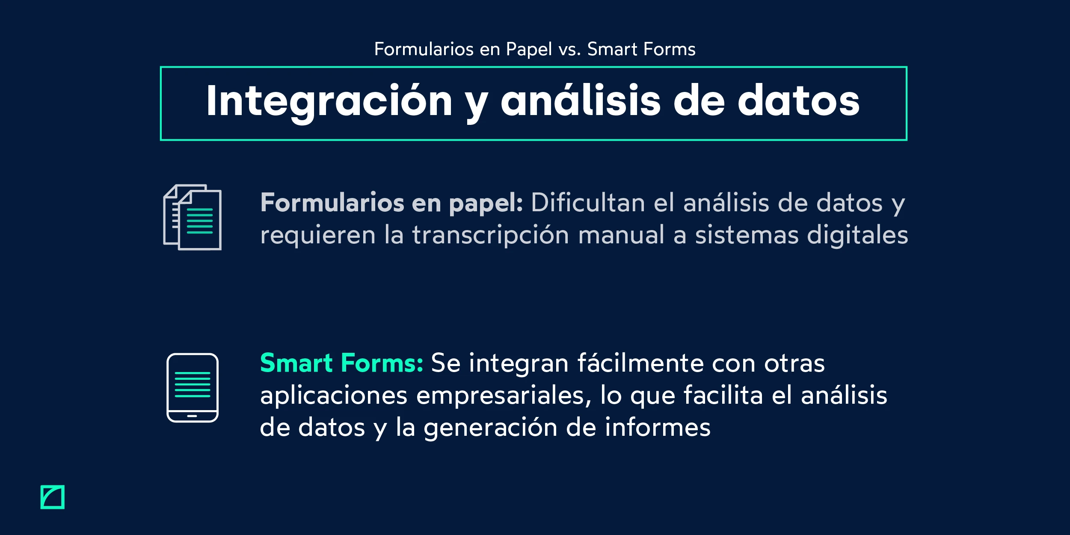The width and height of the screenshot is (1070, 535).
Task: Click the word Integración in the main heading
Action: [329, 101]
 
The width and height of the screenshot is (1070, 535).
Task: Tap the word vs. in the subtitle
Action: [569, 50]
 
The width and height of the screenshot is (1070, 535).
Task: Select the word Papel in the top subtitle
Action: [529, 50]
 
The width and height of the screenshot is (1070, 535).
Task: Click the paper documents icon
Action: [193, 217]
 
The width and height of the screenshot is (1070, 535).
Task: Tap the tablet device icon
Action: [193, 387]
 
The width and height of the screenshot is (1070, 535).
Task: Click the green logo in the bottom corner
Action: [53, 497]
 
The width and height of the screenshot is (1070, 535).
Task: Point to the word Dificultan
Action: [588, 203]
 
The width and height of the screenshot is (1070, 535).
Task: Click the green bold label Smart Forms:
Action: [341, 364]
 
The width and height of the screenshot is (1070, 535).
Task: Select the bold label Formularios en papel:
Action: [391, 203]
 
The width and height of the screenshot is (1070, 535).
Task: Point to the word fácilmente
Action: [640, 364]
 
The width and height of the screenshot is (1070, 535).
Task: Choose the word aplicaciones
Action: [334, 396]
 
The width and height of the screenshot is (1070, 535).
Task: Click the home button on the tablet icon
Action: [192, 416]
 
